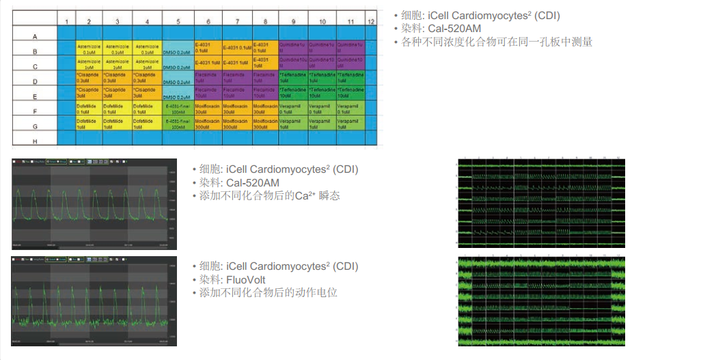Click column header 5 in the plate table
[178, 22]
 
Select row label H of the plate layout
[35, 140]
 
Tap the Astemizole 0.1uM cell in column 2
[89, 48]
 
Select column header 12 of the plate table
[370, 22]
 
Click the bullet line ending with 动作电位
[268, 293]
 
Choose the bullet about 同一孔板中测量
[497, 42]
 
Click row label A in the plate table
[35, 36]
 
